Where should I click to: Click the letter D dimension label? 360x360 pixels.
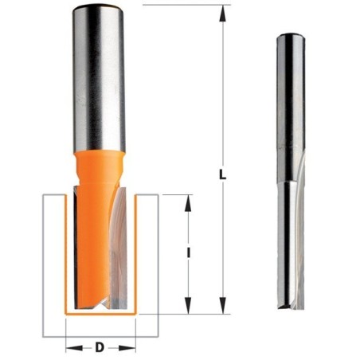click(x=100, y=347)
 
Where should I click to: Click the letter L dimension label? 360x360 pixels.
click(x=222, y=175)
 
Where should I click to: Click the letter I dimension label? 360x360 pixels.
click(x=188, y=252)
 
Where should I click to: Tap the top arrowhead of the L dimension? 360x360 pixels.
click(x=223, y=14)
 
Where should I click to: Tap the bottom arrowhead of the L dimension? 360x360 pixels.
click(x=223, y=306)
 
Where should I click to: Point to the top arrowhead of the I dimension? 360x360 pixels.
click(x=188, y=203)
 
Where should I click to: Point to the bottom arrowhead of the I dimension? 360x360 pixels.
click(x=188, y=306)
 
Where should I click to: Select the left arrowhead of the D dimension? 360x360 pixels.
click(x=74, y=348)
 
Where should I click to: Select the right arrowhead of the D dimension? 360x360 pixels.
click(x=127, y=348)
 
